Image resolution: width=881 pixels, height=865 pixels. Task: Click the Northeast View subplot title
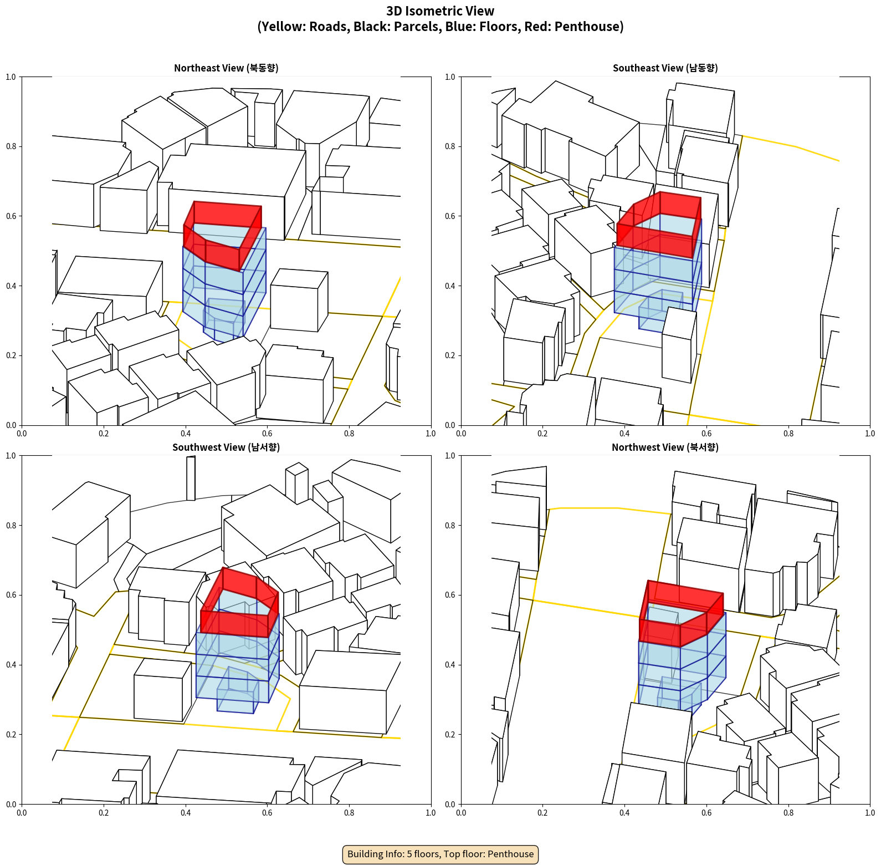(226, 68)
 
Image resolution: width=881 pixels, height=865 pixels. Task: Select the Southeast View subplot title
(665, 68)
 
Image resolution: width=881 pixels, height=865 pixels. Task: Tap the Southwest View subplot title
(226, 447)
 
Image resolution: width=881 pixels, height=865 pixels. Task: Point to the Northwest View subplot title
(665, 447)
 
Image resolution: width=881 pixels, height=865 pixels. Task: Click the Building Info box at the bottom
(440, 854)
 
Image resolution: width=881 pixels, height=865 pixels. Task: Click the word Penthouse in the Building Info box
(511, 854)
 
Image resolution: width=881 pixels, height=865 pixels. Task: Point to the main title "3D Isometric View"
(440, 11)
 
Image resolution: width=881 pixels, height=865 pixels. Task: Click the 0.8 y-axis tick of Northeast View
(11, 146)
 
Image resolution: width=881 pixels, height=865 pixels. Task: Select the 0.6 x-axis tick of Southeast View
(706, 434)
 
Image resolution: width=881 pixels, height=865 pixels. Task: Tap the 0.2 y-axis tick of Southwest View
(11, 735)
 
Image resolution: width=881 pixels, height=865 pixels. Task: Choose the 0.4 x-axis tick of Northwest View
(624, 813)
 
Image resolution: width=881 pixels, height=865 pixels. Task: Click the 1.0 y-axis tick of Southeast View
(450, 77)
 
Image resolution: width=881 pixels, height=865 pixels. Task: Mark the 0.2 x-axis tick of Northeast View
(104, 434)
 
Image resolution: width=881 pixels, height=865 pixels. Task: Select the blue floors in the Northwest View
(682, 671)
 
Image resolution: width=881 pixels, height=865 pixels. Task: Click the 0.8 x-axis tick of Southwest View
(349, 813)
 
